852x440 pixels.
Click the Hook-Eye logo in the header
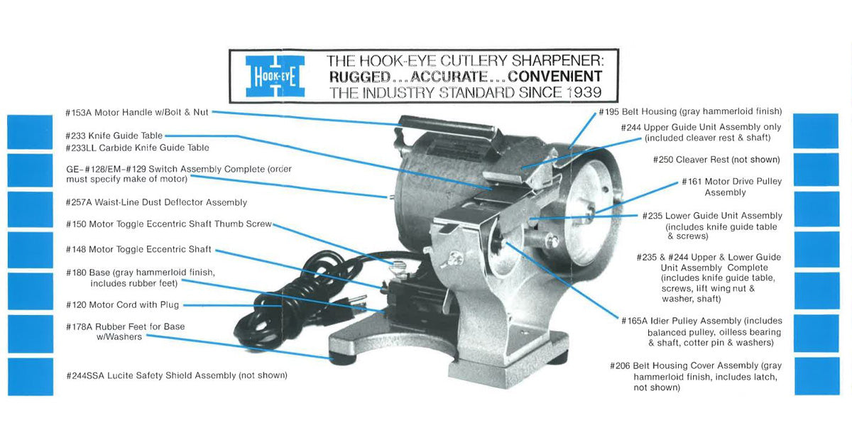pos(274,76)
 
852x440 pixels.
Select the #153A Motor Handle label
pos(136,112)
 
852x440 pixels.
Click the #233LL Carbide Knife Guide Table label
pos(137,148)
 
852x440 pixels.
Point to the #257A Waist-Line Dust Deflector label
pos(156,202)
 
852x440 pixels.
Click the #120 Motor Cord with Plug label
pos(122,304)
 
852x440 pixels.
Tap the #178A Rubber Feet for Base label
pos(126,326)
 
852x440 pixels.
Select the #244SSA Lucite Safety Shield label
pos(177,375)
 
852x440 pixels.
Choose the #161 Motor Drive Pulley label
pos(731,182)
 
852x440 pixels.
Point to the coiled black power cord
pos(284,298)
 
